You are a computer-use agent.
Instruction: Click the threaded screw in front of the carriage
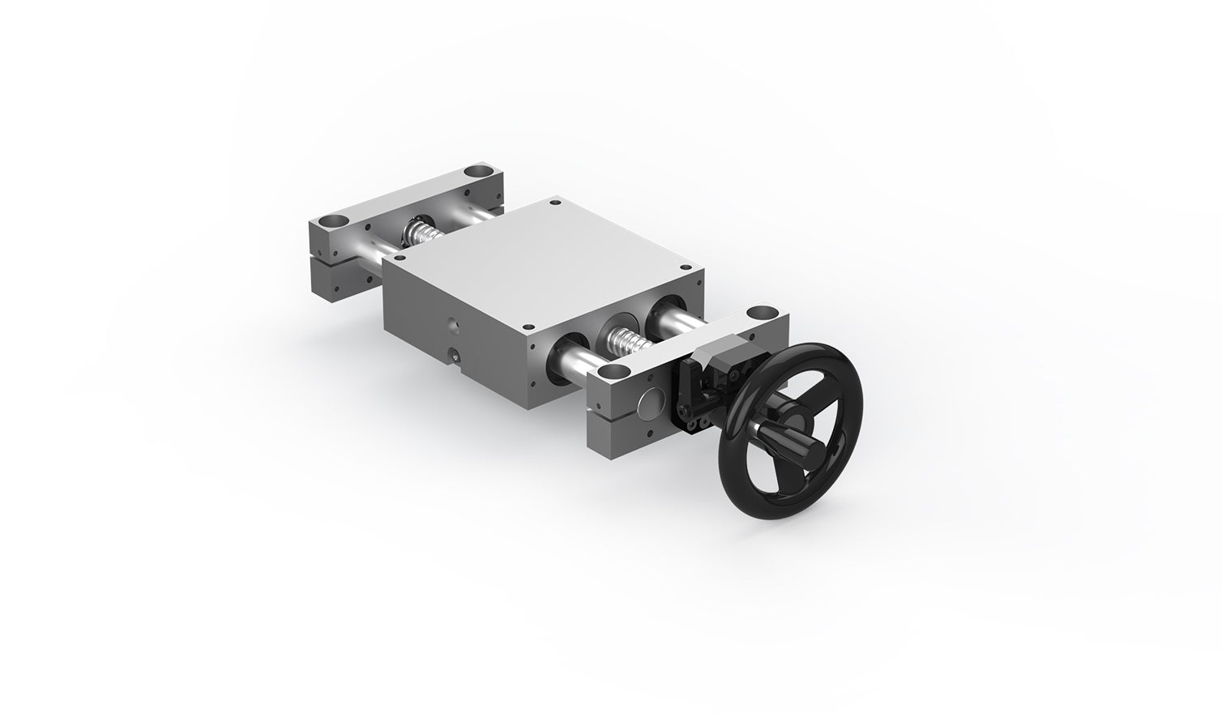coord(630,341)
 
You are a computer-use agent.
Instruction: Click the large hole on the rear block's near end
coord(331,220)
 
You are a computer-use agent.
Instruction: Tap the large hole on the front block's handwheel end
coord(760,311)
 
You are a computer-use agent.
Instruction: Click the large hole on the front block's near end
coord(617,373)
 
